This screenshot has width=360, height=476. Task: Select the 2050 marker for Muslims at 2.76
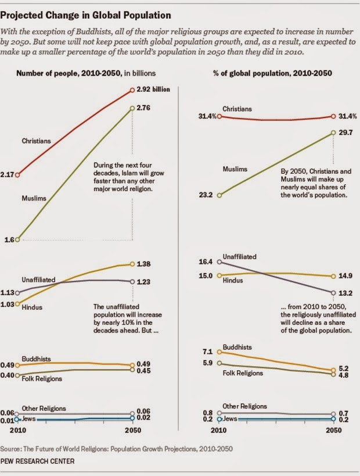click(133, 107)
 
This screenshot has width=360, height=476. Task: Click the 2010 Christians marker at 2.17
click(18, 174)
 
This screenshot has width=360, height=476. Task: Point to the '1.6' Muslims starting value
click(9, 239)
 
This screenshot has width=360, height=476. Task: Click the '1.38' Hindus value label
click(145, 264)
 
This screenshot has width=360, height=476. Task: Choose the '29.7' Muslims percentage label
click(346, 133)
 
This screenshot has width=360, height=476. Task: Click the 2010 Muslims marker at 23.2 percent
click(219, 195)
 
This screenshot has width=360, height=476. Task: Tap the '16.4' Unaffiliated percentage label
click(206, 262)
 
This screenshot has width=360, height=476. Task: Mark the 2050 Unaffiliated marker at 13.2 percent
click(333, 292)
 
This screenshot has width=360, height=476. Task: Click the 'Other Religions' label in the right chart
click(244, 406)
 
